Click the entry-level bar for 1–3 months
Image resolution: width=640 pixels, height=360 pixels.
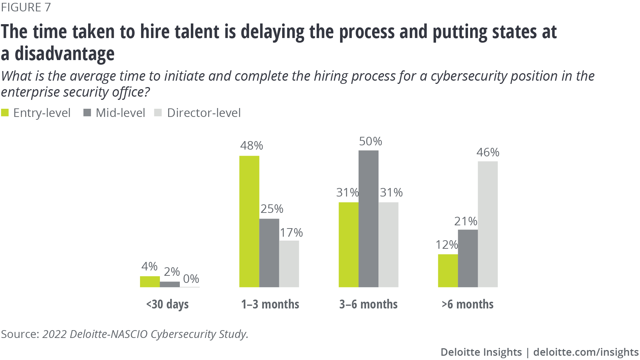tap(249, 221)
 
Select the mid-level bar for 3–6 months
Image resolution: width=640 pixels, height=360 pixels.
tap(368, 219)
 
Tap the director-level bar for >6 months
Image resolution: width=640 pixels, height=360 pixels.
tap(488, 224)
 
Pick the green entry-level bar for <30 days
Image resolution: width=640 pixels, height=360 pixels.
tap(150, 281)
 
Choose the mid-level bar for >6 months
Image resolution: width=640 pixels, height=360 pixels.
tap(468, 258)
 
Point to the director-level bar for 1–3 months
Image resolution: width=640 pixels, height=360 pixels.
tap(289, 264)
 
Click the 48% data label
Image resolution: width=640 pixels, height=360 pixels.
tap(252, 145)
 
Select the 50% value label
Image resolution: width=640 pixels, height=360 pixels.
tap(370, 141)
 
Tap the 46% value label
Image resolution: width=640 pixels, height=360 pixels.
tap(488, 152)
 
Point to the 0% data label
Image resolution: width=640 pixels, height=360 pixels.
tap(191, 279)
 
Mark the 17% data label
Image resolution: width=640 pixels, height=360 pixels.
tap(291, 232)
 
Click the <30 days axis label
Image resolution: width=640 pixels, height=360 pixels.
tap(167, 304)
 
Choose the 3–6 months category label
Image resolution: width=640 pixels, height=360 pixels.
tap(368, 304)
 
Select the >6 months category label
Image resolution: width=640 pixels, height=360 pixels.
tap(467, 304)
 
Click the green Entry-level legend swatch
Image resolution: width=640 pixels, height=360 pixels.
tap(5, 113)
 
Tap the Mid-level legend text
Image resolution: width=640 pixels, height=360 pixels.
tap(120, 113)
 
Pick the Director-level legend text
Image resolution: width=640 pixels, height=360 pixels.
tap(204, 113)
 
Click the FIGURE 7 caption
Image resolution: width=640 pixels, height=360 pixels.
tap(26, 7)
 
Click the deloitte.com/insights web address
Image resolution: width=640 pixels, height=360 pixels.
tap(586, 352)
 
